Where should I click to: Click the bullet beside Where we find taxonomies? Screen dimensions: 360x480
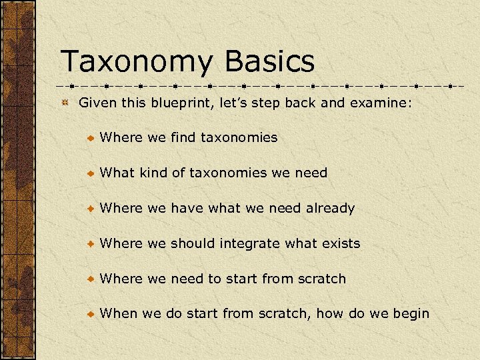[x=91, y=138]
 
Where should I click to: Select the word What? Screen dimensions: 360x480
[x=117, y=173]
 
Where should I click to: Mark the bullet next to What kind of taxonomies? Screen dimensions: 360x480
[x=91, y=173]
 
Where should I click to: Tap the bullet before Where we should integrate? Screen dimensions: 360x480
[x=91, y=244]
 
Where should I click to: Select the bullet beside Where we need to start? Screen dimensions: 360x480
[x=91, y=279]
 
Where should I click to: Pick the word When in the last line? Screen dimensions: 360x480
[x=119, y=313]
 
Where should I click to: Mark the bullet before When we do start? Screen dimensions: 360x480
[x=91, y=314]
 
